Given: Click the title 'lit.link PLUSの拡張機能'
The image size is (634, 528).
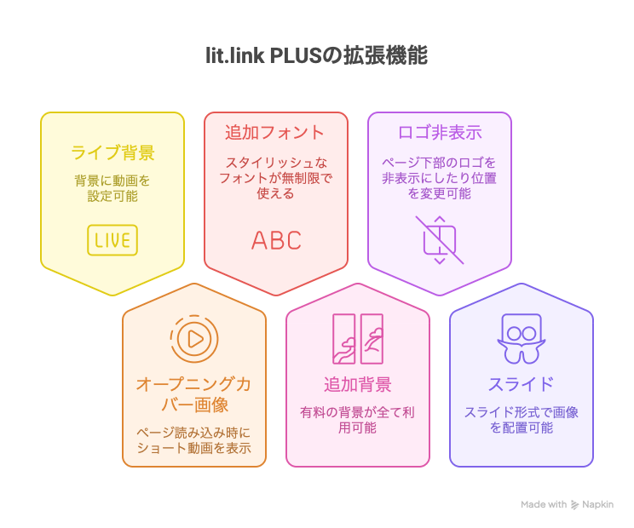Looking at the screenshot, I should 316,56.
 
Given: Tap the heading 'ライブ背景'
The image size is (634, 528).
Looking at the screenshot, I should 112,153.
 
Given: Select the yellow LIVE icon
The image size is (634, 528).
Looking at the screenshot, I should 112,240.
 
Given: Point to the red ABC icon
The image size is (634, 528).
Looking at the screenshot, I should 276,240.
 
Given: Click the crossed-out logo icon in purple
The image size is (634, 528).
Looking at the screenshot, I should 440,239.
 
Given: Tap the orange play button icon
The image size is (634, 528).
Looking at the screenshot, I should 194,338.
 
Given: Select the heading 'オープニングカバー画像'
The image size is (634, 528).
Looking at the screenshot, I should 194,394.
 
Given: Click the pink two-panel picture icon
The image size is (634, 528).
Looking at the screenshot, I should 358,338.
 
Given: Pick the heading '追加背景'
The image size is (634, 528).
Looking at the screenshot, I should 358,384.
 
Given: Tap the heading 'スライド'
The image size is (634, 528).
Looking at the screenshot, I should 521,384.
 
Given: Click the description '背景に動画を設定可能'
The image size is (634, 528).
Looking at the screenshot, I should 112,188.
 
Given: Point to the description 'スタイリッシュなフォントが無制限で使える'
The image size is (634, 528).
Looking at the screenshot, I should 275,177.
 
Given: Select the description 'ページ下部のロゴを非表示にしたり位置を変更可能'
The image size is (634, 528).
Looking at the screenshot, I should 440,177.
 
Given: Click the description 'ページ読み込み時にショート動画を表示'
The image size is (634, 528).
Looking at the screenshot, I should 194,440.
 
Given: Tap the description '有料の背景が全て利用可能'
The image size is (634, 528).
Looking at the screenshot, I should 358,420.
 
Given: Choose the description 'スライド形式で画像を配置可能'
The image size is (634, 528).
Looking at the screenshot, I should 521,420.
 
